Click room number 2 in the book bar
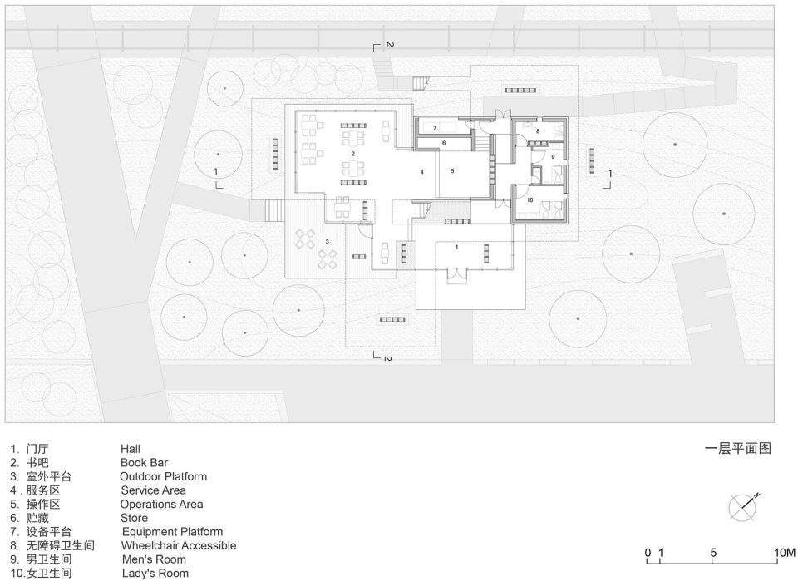[x=352, y=153]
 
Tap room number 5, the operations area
[x=452, y=171]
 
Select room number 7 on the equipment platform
[x=435, y=128]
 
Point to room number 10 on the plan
[x=530, y=200]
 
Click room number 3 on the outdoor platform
[x=328, y=241]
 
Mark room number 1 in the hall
[x=456, y=247]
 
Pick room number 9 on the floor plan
[x=554, y=157]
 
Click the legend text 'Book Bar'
[x=144, y=462]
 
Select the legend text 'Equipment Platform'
[x=173, y=532]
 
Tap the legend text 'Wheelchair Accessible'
[x=179, y=545]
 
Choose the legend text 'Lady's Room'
[x=155, y=574]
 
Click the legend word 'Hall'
[x=131, y=449]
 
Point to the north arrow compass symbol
[x=742, y=507]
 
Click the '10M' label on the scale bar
[x=784, y=553]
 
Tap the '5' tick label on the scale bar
[x=713, y=553]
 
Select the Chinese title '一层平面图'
[x=738, y=448]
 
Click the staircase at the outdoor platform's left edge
[x=274, y=211]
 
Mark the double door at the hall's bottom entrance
[x=456, y=274]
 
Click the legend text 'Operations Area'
[x=161, y=505]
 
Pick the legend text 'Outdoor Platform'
[x=164, y=477]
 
